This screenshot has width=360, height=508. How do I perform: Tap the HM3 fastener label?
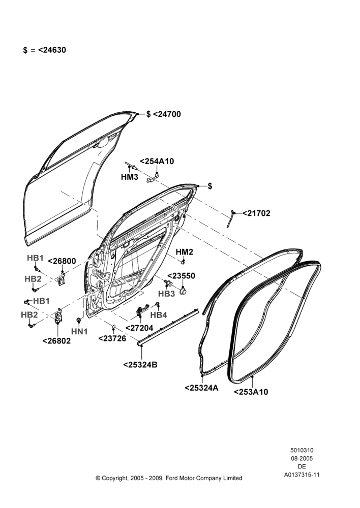click(x=129, y=177)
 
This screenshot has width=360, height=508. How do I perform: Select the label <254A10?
click(x=157, y=161)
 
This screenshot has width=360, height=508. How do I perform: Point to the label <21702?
click(x=256, y=213)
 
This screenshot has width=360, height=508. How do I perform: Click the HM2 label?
click(x=184, y=252)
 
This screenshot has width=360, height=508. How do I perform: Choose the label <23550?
click(x=182, y=276)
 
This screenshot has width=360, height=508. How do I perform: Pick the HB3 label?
click(x=166, y=294)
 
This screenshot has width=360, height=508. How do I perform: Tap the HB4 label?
click(x=159, y=314)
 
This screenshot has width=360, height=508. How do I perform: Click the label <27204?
click(x=139, y=328)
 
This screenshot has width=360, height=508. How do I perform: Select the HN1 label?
click(x=79, y=331)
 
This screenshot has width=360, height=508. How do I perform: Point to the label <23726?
click(x=112, y=338)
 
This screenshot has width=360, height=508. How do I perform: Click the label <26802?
click(x=56, y=341)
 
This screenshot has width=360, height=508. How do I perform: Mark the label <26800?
click(x=62, y=261)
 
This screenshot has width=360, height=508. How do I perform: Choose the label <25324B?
click(x=140, y=364)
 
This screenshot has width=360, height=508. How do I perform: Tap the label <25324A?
click(x=201, y=388)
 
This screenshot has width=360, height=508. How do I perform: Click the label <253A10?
click(x=251, y=392)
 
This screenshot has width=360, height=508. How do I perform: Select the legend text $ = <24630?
click(x=44, y=50)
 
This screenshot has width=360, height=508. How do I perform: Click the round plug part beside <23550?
click(x=184, y=291)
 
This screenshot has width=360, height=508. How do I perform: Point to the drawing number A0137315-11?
click(x=302, y=474)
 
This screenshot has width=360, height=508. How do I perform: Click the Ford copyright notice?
click(x=169, y=478)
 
